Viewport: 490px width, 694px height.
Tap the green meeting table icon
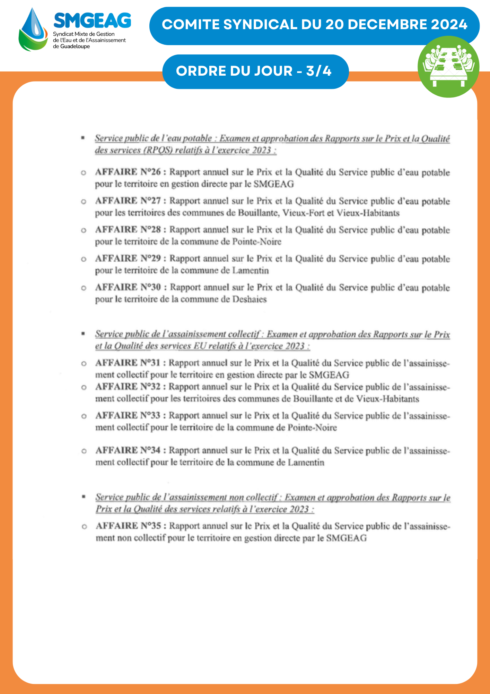(448, 67)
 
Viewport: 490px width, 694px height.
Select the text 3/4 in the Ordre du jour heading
(319, 71)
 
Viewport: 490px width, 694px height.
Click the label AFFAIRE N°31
(128, 363)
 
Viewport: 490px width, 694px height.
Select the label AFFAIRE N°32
(128, 387)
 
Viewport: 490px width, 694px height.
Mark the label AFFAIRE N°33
(128, 415)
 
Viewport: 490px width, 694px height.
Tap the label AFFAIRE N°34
(128, 450)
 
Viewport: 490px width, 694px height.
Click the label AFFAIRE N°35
(128, 526)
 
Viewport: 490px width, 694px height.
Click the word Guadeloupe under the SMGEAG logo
(75, 46)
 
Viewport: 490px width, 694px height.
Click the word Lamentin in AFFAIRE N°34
(306, 463)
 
